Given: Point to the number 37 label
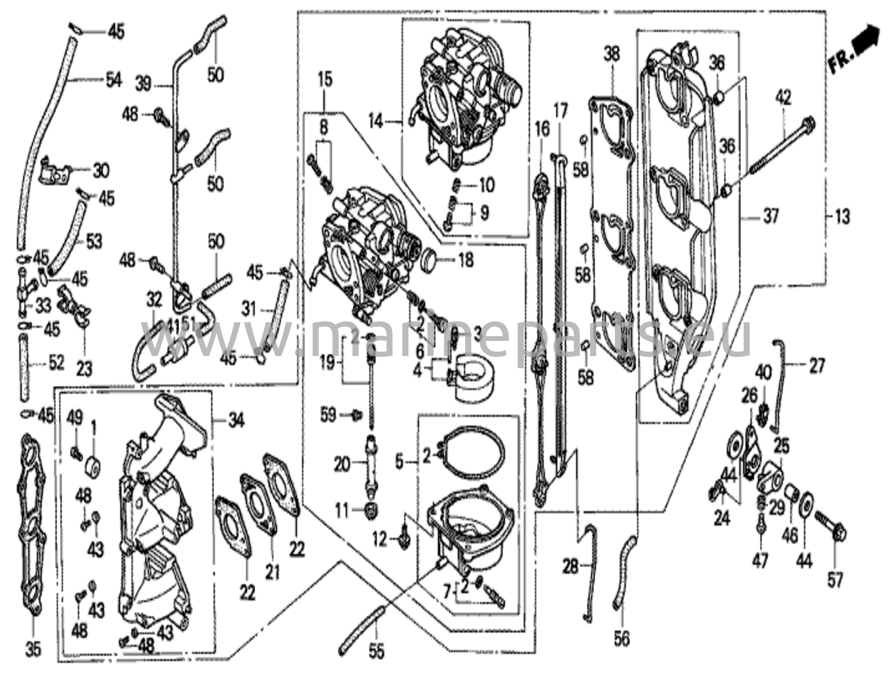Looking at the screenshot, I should [770, 216].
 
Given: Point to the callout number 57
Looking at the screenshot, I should [834, 580].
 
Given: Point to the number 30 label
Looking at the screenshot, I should [101, 171].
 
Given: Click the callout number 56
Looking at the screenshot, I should [622, 638].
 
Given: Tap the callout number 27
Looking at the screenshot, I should [816, 366].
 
